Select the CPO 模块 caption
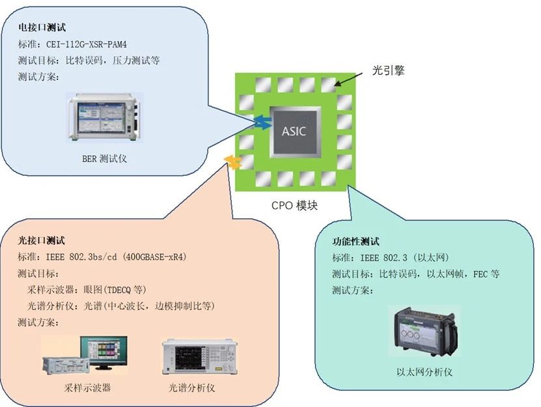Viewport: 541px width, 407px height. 295,206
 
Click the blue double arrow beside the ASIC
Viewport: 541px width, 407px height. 261,122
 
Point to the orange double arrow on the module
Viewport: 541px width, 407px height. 233,161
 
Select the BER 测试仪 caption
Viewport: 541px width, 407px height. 104,158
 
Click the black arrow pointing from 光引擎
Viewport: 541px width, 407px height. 352,77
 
